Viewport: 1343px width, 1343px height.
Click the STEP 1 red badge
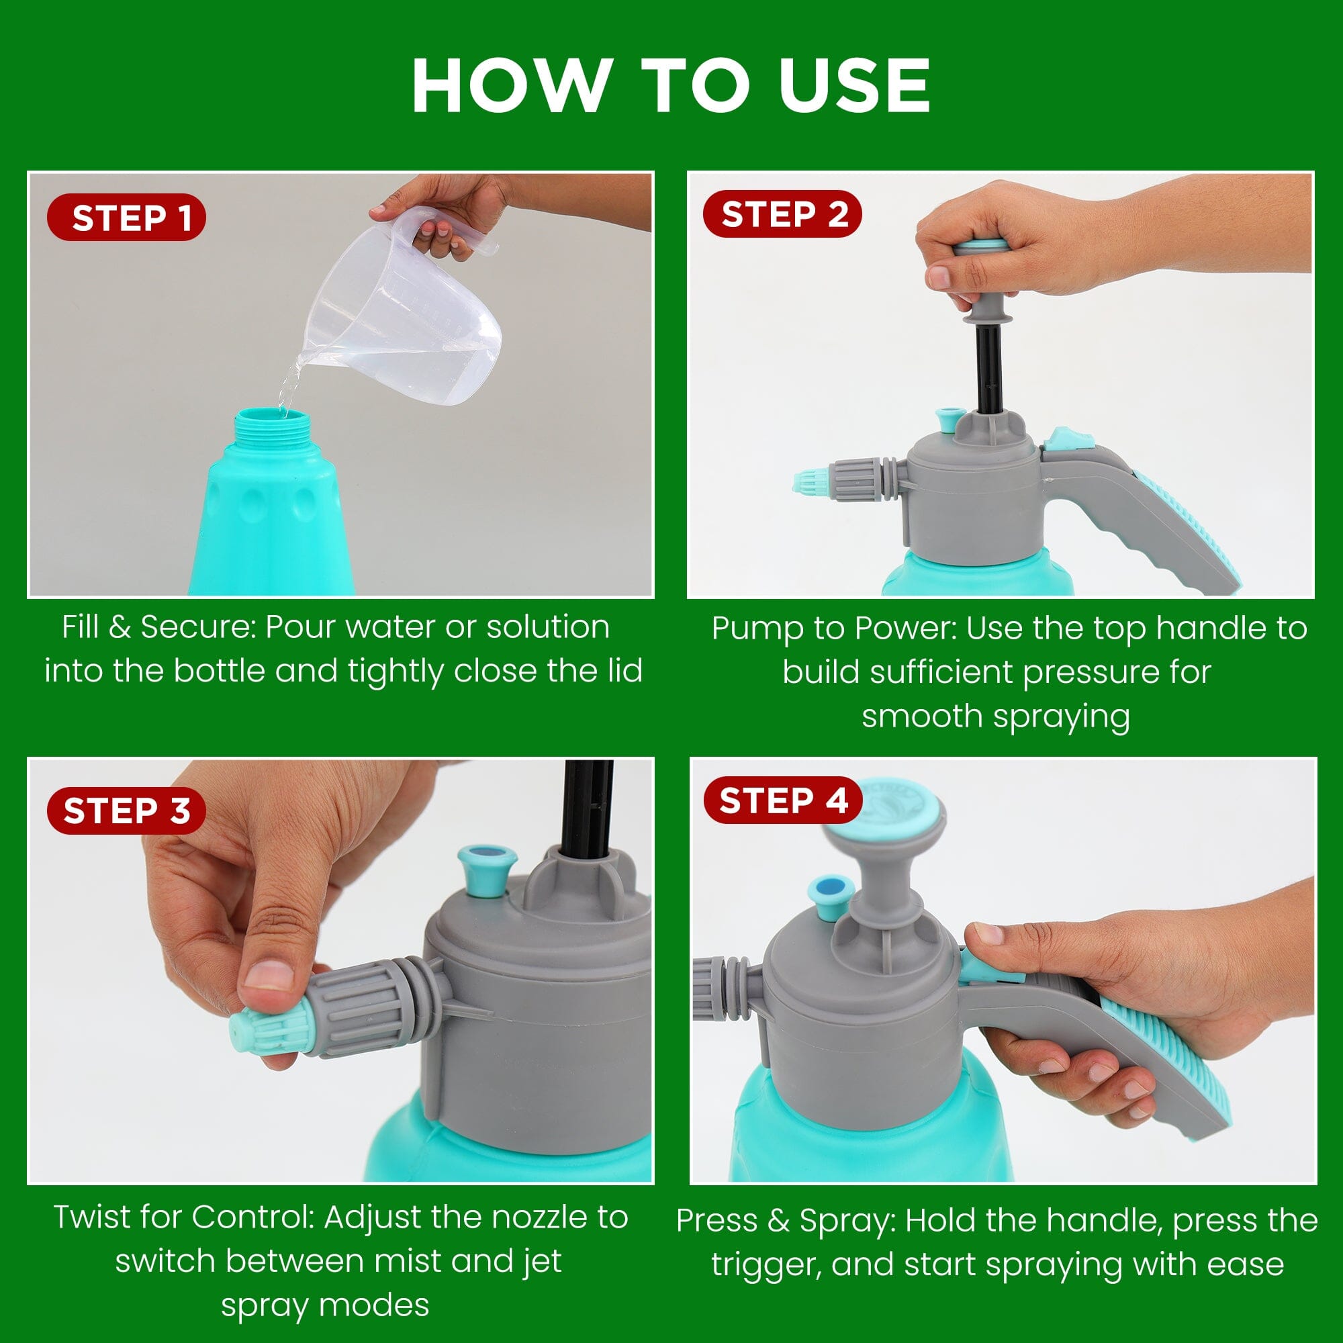pyautogui.click(x=126, y=218)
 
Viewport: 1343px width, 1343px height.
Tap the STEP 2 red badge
pyautogui.click(x=783, y=214)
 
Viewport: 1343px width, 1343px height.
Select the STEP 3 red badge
pyautogui.click(x=126, y=811)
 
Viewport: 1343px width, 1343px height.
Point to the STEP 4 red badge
pyautogui.click(x=783, y=800)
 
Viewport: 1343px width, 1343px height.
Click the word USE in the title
pyautogui.click(x=853, y=85)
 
